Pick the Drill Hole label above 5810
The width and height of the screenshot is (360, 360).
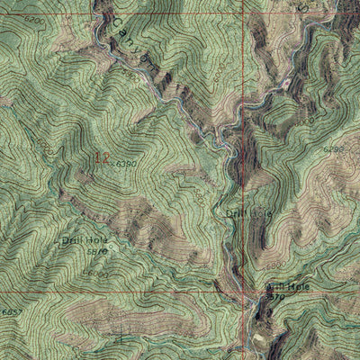pos(83,241)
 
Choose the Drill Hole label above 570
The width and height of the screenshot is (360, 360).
pos(287,286)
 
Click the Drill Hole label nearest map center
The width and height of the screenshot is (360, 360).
pos(247,213)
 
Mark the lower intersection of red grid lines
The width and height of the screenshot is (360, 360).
pos(244,292)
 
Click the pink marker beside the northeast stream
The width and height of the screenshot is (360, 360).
pos(287,83)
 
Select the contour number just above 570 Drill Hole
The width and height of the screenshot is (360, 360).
pos(272,267)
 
